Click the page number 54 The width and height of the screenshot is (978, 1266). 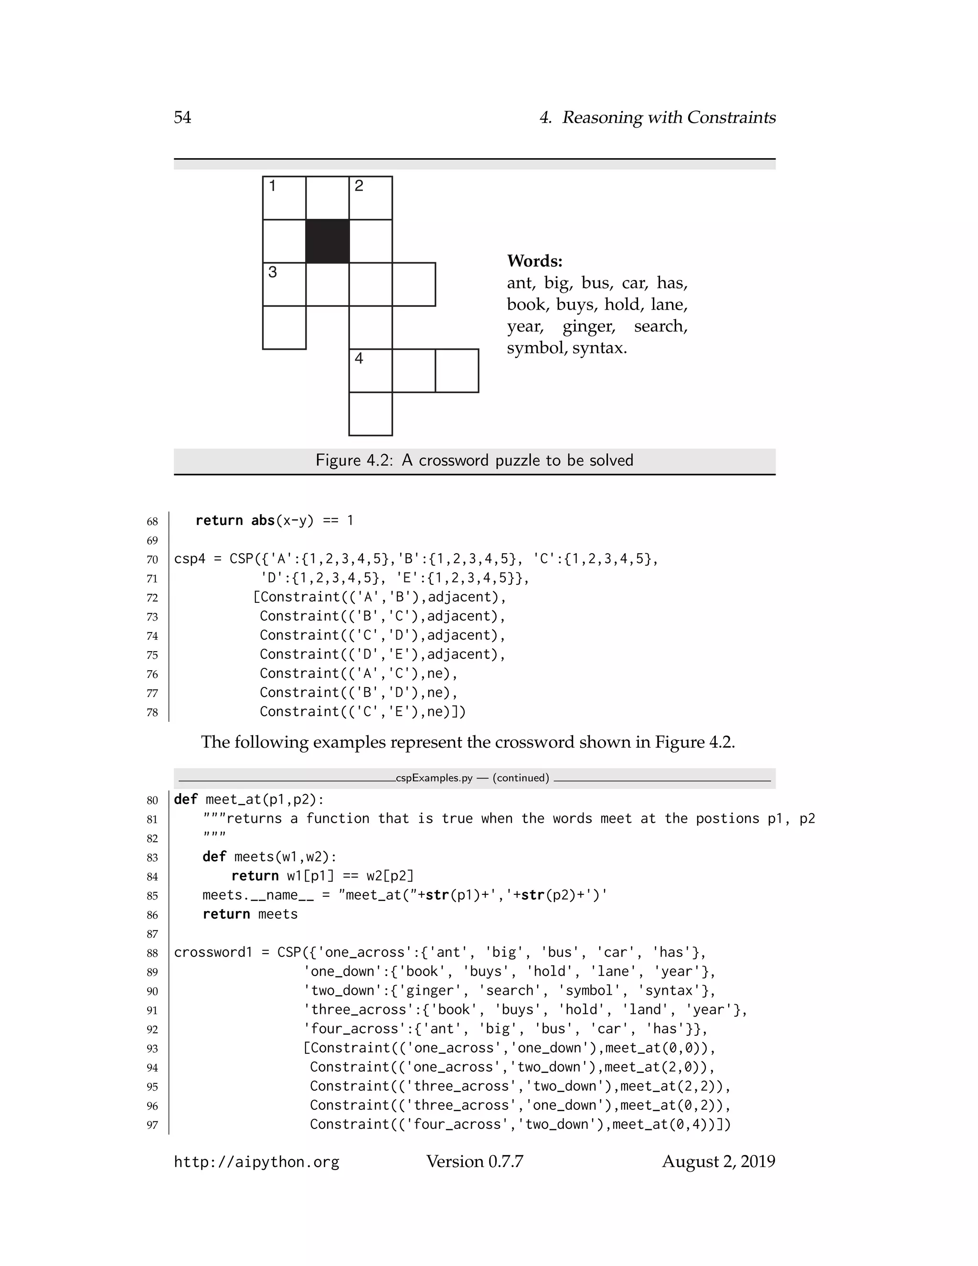pyautogui.click(x=182, y=118)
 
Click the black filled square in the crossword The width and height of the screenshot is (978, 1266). pyautogui.click(x=327, y=241)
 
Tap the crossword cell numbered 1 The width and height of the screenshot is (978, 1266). pyautogui.click(x=284, y=198)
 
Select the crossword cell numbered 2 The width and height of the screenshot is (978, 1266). pyautogui.click(x=371, y=198)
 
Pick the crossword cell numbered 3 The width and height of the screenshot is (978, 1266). pyautogui.click(x=284, y=284)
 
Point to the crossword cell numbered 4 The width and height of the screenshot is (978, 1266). pyautogui.click(x=371, y=370)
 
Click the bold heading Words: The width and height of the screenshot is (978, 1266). pyautogui.click(x=534, y=261)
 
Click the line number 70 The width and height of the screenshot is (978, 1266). pyautogui.click(x=152, y=560)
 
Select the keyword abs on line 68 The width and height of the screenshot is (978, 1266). pyautogui.click(x=263, y=521)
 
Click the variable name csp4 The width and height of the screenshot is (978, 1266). pyautogui.click(x=190, y=559)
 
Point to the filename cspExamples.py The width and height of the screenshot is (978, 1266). pyautogui.click(x=434, y=778)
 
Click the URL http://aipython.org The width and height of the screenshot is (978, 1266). pyautogui.click(x=256, y=1162)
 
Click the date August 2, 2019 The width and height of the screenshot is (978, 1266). pyautogui.click(x=718, y=1162)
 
